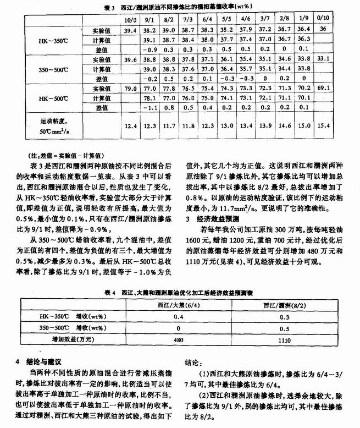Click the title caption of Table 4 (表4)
(x=181, y=292)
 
